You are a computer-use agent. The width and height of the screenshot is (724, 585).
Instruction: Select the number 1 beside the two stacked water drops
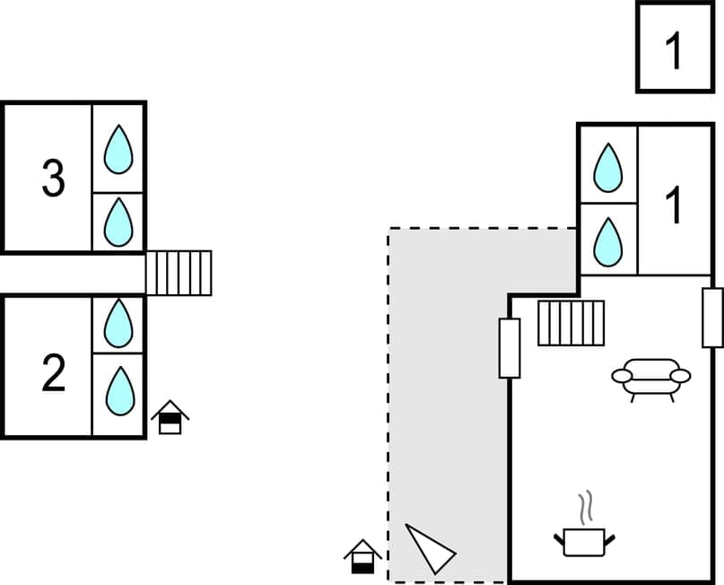coord(674,206)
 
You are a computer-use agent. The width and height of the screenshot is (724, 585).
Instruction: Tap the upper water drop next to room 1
coord(608,167)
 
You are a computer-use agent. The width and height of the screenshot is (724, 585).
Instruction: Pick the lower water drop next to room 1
coord(608,241)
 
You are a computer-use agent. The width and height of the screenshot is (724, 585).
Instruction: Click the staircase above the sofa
coord(571,323)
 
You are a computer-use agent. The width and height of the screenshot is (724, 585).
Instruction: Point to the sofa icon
coord(651,378)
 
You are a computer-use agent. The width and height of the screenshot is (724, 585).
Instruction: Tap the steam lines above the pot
coord(586,508)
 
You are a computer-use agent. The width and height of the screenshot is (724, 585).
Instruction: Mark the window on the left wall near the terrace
coord(509,347)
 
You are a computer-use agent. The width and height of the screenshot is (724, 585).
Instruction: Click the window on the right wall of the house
coord(712,318)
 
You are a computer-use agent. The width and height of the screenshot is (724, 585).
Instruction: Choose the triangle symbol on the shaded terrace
coord(430,547)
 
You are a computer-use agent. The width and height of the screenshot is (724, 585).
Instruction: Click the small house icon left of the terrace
coord(362,556)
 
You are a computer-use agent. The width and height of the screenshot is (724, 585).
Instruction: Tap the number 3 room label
coord(54,179)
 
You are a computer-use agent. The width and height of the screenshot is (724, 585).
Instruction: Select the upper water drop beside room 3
coord(118,149)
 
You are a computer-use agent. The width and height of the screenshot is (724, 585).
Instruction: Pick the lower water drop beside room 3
coord(118,223)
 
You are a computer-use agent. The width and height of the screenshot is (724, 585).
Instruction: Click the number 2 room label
coord(54,375)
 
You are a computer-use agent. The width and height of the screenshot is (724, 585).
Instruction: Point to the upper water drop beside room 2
coord(118,324)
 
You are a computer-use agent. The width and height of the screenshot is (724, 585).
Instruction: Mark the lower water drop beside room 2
coord(118,392)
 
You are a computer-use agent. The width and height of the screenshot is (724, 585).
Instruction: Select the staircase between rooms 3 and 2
coord(179,273)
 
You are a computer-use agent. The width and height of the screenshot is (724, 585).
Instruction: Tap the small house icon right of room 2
coord(170,418)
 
